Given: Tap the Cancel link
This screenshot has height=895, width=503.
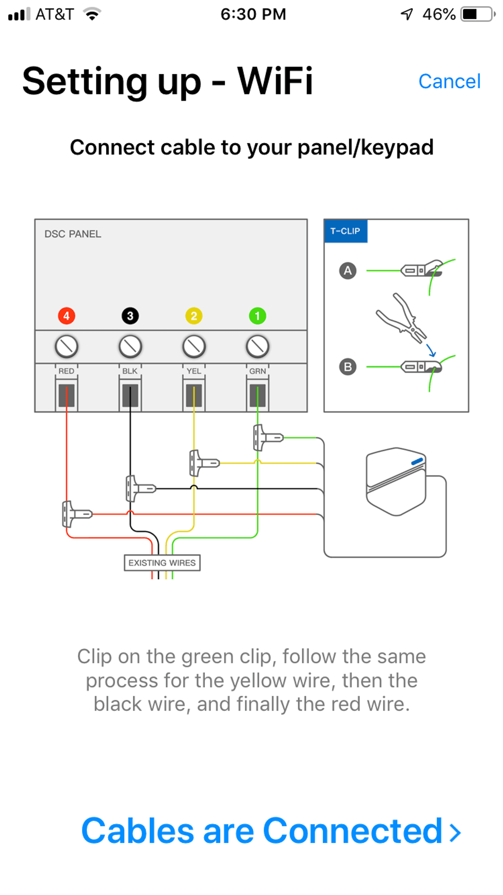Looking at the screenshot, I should pyautogui.click(x=449, y=81).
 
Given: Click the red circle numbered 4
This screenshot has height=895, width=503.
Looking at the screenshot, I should pyautogui.click(x=67, y=316).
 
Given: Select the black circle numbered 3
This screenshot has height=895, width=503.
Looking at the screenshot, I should pyautogui.click(x=130, y=316).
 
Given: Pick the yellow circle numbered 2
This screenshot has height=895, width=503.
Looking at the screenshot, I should pyautogui.click(x=194, y=316).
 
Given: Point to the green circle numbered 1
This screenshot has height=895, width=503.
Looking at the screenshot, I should pyautogui.click(x=258, y=316).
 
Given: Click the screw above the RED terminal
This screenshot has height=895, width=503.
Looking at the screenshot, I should pyautogui.click(x=67, y=347).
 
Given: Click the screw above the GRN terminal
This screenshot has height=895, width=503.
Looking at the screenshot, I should pyautogui.click(x=258, y=347).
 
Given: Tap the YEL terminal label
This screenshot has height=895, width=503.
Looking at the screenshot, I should pyautogui.click(x=194, y=371).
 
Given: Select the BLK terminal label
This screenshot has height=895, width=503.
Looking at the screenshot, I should pyautogui.click(x=130, y=371).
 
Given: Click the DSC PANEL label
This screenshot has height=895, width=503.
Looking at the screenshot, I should pyautogui.click(x=73, y=234).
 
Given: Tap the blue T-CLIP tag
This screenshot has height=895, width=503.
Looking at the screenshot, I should pyautogui.click(x=345, y=231).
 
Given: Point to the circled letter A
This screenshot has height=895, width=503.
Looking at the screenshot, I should pyautogui.click(x=348, y=271).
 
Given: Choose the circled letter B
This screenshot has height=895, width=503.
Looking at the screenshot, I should pyautogui.click(x=348, y=367).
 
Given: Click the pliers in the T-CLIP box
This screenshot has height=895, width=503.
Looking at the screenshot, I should pyautogui.click(x=402, y=318).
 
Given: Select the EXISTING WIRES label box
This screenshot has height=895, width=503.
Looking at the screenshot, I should pyautogui.click(x=162, y=563).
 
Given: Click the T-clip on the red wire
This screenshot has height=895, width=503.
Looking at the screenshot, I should pyautogui.click(x=75, y=514).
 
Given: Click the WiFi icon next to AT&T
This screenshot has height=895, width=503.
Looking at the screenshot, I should pyautogui.click(x=92, y=14).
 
